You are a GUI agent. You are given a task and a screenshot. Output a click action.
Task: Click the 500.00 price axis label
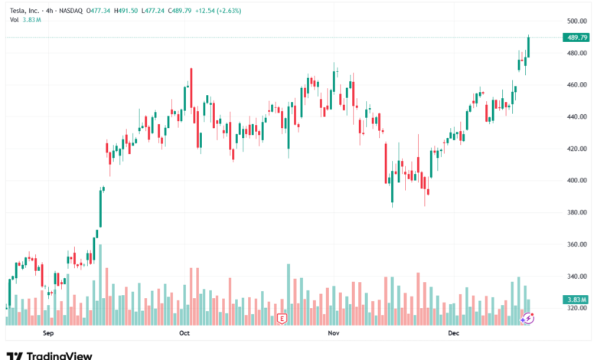click(x=576, y=21)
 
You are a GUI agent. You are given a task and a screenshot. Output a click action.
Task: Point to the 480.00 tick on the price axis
click(x=576, y=53)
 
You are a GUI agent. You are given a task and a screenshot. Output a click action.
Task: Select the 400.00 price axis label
click(x=576, y=181)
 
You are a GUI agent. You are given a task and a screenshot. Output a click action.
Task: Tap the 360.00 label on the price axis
click(x=576, y=244)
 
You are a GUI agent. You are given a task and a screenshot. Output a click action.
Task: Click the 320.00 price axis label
click(x=576, y=308)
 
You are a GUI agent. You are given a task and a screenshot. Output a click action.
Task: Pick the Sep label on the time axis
click(x=48, y=333)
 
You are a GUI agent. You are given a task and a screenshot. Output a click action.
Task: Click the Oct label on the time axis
click(x=183, y=333)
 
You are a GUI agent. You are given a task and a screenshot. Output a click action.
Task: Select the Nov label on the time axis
click(x=333, y=333)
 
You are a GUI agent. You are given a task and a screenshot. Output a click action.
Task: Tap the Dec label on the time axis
click(x=453, y=333)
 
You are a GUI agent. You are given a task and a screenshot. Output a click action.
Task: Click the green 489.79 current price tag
click(x=576, y=38)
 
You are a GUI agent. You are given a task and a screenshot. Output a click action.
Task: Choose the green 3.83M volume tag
click(x=576, y=299)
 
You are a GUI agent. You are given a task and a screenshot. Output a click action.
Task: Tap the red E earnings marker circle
click(x=282, y=317)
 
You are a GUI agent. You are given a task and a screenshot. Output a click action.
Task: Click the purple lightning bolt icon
click(x=527, y=317)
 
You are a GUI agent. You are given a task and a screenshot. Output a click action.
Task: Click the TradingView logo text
click(x=59, y=355)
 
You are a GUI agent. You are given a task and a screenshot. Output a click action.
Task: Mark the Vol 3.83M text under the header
click(x=23, y=18)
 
